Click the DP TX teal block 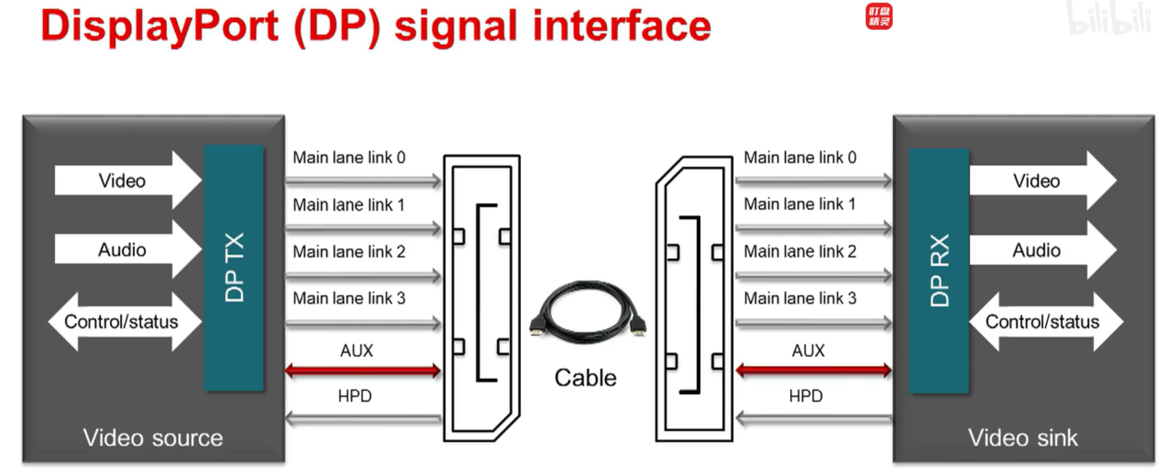(x=233, y=267)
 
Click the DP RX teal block (x=938, y=270)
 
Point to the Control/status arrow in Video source (x=122, y=321)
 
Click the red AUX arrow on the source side (x=362, y=370)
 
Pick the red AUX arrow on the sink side (x=813, y=370)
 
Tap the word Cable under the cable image (x=585, y=378)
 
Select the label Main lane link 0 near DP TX (x=349, y=157)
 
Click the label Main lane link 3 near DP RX (x=799, y=298)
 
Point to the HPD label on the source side (x=354, y=396)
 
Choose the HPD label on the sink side (x=805, y=396)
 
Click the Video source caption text (x=153, y=438)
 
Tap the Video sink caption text (x=1023, y=438)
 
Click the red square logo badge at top (x=878, y=17)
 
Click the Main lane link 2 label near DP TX (x=349, y=252)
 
